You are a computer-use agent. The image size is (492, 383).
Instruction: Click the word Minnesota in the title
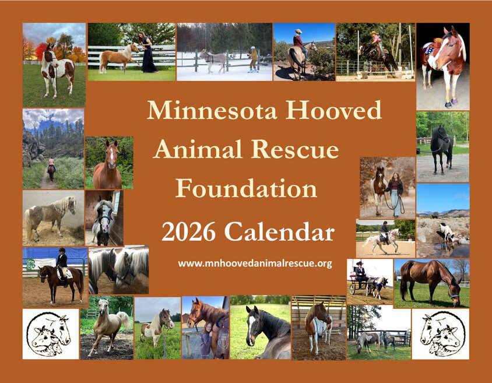pos(212,110)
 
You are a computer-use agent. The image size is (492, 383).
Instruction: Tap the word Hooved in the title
pos(334,110)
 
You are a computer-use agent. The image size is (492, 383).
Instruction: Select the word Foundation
pos(247,188)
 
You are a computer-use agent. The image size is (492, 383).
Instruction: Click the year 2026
pos(188,232)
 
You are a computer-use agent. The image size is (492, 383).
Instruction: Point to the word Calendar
pos(279,232)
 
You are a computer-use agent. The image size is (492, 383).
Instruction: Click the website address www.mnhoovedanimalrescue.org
pos(255,263)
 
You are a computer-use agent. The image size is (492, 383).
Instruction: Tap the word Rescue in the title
pos(295,149)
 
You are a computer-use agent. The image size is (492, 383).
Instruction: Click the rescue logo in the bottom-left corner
pos(51,334)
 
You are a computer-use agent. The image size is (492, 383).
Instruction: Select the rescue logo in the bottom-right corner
pos(440,334)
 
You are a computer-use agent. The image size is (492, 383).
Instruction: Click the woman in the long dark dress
pos(148,52)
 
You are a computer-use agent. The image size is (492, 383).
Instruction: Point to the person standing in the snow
pos(253,59)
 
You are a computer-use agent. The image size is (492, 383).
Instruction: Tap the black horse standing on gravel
pos(441,149)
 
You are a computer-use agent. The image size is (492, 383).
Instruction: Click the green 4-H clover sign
pos(30,265)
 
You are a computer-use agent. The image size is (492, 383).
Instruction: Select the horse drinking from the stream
pos(445,233)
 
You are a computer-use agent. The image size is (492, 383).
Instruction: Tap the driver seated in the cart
pos(360,274)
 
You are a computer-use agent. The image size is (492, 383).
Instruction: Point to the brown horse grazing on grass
pos(430,282)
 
